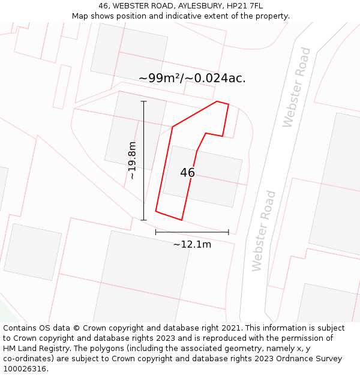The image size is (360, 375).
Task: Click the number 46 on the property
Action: [187, 173]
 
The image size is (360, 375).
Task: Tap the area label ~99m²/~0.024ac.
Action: [192, 79]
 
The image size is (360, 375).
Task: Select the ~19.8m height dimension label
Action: [133, 160]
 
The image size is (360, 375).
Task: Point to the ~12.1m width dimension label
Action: [192, 244]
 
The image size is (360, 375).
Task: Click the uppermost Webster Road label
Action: [297, 87]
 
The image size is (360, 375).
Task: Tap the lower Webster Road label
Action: [265, 231]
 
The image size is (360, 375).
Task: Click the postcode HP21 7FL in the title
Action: [247, 6]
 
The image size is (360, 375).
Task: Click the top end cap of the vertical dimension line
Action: [143, 101]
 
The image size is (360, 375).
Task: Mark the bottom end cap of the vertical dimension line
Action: [143, 220]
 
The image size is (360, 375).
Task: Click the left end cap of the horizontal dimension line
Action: [156, 232]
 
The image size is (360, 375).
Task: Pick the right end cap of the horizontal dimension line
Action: [229, 232]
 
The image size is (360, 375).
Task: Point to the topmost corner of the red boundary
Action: [217, 101]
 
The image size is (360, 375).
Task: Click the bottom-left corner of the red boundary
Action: [156, 211]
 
